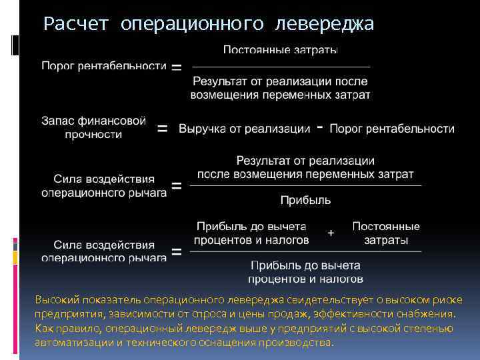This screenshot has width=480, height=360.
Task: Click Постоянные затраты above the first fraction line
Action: tap(280, 50)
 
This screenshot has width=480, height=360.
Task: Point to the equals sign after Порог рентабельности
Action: tap(177, 67)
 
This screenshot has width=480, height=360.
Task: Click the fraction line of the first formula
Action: tap(281, 67)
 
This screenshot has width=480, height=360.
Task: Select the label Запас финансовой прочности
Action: tap(93, 127)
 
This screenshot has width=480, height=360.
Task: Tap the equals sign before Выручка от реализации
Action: tap(162, 129)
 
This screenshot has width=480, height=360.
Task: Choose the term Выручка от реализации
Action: tap(244, 129)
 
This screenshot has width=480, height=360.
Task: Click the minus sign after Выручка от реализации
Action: tap(321, 127)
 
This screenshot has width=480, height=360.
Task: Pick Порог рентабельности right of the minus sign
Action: tap(392, 129)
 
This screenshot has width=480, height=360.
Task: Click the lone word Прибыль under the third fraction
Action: tap(305, 199)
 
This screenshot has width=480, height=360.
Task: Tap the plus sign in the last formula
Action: tap(331, 233)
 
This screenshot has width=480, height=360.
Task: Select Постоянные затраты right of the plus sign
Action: tap(386, 233)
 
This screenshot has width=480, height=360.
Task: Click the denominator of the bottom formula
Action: tap(305, 271)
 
